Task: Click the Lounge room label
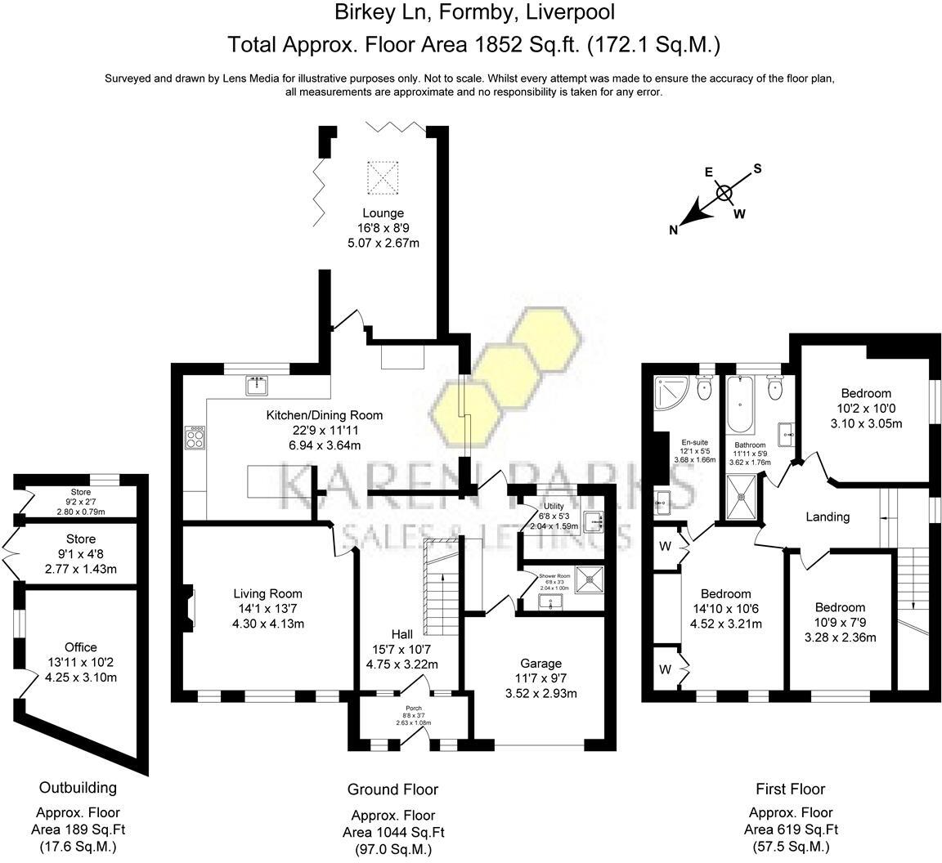coord(384,213)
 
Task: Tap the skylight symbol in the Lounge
coord(380,177)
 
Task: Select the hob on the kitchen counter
coord(196,439)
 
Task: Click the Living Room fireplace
coord(189,605)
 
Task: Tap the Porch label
coord(412,709)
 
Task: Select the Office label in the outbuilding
coord(82,647)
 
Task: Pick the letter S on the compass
coord(756,168)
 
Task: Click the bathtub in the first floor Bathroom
coord(738,406)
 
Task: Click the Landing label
coord(828,516)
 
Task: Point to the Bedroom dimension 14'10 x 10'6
coord(726,609)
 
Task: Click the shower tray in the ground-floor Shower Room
coord(589,579)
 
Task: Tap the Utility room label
coord(551,508)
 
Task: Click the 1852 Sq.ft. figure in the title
coord(514,44)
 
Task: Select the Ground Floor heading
coord(392,789)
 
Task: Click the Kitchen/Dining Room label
coord(325,415)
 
